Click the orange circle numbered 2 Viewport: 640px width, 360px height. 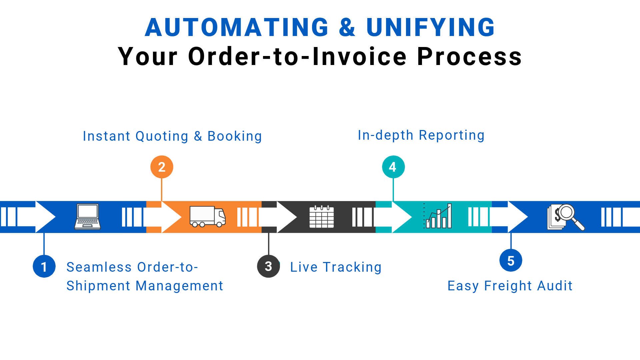pos(162,167)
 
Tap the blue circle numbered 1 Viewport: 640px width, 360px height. pos(44,266)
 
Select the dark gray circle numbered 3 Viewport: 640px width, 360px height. pos(268,266)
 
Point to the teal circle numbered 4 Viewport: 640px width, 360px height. pos(393,167)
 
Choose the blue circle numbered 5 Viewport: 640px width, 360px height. pos(511,261)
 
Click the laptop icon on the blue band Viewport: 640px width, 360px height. pos(87,217)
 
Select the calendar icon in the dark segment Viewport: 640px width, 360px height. pos(321,217)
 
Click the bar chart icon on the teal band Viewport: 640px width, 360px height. pos(439,216)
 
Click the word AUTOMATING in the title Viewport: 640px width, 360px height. pos(237,27)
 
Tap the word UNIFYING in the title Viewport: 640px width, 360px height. pos(430,27)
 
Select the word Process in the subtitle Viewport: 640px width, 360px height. pos(469,56)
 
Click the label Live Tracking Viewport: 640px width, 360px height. pos(336,267)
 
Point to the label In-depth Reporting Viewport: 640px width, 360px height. pos(421,135)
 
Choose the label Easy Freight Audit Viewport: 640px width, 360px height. pos(510,286)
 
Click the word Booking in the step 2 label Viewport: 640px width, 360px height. pos(235,136)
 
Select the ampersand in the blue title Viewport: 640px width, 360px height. pos(347,27)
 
